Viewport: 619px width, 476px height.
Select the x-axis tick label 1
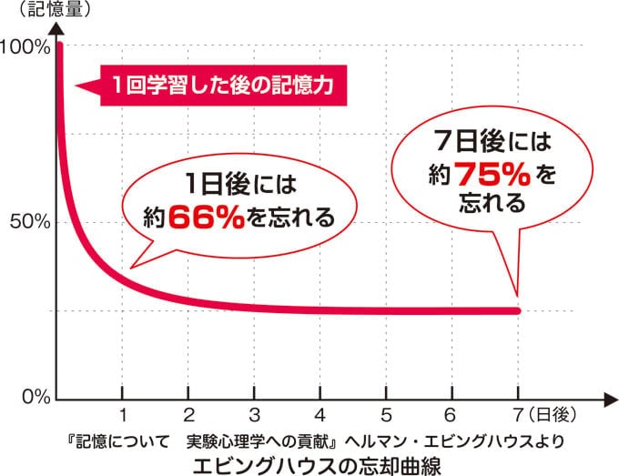point(122,416)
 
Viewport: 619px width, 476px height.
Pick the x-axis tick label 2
point(188,416)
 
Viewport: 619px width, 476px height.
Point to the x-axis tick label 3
point(255,416)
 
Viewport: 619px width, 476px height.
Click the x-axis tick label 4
point(320,416)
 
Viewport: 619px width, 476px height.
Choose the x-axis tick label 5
point(387,416)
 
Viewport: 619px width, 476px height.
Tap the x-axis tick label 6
point(452,416)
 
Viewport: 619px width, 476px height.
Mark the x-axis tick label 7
point(518,416)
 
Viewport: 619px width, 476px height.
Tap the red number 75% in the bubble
point(491,172)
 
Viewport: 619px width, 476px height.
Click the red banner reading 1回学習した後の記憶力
point(218,86)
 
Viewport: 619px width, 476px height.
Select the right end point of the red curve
point(518,311)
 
